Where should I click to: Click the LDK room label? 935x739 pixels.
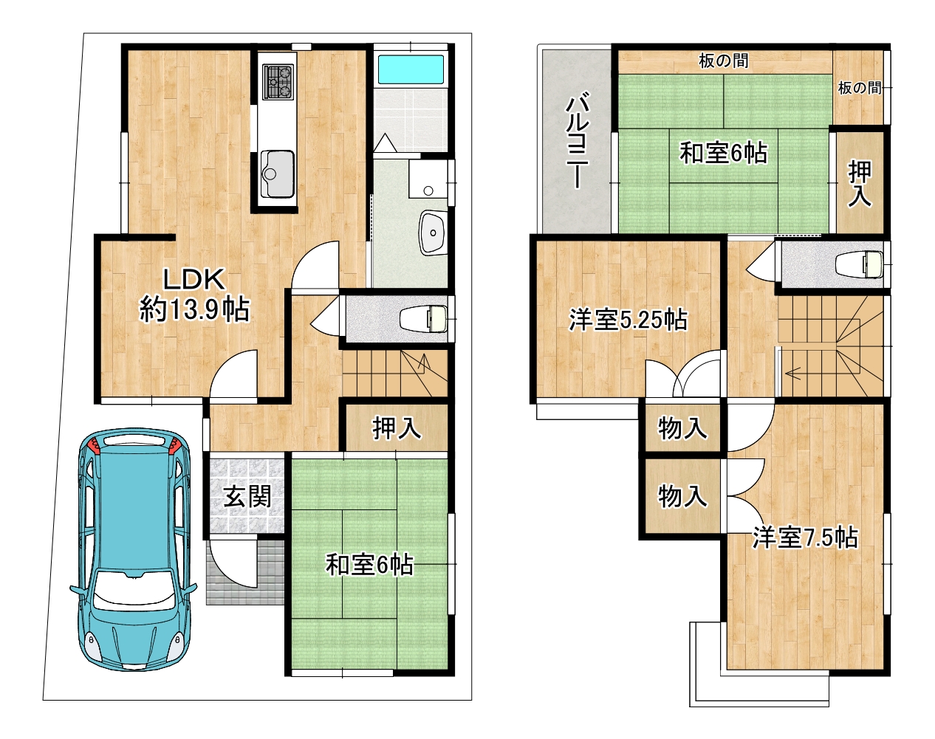tap(194, 279)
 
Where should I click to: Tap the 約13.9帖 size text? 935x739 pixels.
tap(194, 310)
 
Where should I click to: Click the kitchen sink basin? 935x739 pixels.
tap(277, 173)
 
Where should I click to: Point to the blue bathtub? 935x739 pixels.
tap(410, 69)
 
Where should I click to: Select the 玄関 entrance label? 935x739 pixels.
tap(247, 497)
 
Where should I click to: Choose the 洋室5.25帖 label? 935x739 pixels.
tap(628, 320)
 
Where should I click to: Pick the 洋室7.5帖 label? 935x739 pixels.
tap(805, 538)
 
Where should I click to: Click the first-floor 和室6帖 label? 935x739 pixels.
tap(369, 566)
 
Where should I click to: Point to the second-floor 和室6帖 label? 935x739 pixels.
tap(724, 154)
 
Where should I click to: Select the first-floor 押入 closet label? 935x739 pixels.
tap(397, 428)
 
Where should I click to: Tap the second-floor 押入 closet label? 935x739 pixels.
tap(860, 183)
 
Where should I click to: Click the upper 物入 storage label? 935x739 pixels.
tap(682, 428)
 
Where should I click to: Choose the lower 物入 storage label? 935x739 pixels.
tap(682, 497)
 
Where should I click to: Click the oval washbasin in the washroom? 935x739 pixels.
tap(433, 233)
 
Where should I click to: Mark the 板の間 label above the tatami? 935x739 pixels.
tap(724, 61)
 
